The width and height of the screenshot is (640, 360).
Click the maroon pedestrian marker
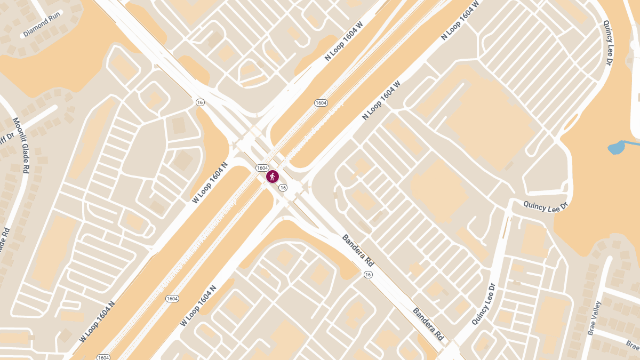[x=273, y=177]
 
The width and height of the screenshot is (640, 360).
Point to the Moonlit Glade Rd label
[x=21, y=146]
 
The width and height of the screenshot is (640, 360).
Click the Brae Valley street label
[x=594, y=318]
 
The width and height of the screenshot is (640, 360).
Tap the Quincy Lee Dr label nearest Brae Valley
[x=484, y=304]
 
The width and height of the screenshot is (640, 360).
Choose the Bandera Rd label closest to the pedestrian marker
[x=357, y=251]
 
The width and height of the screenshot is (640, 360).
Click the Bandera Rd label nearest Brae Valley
[x=428, y=324]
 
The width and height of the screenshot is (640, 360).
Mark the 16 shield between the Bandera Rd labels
[x=367, y=274]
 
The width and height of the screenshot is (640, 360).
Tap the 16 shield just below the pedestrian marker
[x=283, y=188]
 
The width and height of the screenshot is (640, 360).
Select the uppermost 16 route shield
[x=200, y=102]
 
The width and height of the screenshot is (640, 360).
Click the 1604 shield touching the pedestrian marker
[x=262, y=167]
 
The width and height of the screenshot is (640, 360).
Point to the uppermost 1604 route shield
[x=321, y=102]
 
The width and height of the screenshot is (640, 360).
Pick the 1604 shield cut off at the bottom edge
[x=103, y=357]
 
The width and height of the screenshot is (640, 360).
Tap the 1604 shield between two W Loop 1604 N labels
[x=172, y=299]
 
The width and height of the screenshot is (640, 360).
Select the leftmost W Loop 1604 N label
[x=97, y=322]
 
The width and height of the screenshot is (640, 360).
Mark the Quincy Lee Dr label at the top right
[x=607, y=43]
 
